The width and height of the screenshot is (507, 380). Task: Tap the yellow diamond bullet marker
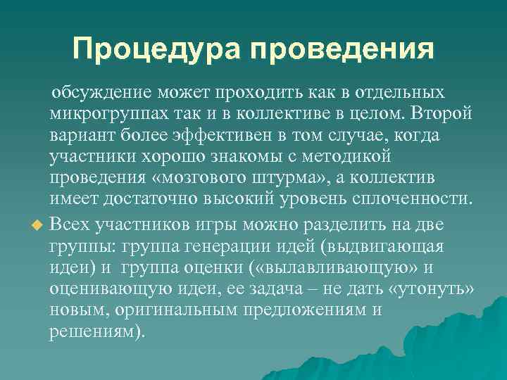(38, 225)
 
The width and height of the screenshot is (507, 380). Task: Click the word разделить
(334, 224)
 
